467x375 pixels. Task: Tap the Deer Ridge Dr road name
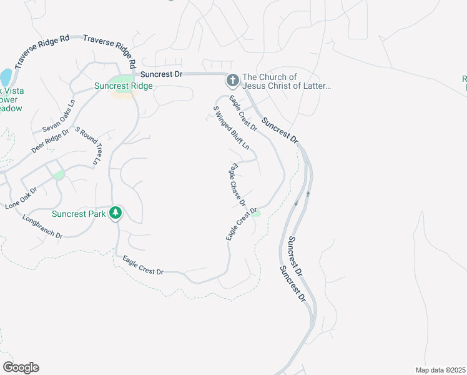click(x=49, y=142)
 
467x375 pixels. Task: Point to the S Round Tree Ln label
click(x=88, y=146)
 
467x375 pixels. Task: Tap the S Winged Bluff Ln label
click(x=231, y=127)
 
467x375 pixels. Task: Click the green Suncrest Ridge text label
click(x=124, y=86)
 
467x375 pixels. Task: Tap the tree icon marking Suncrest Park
click(x=116, y=213)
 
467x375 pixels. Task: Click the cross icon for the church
click(x=232, y=80)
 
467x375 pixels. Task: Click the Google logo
click(x=21, y=367)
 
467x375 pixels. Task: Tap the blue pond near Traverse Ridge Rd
click(x=6, y=77)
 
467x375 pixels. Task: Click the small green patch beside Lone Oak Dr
click(x=59, y=175)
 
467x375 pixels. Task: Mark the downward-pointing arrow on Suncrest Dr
click(x=298, y=202)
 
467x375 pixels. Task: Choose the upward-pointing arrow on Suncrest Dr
click(x=308, y=194)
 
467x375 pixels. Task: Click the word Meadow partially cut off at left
click(x=11, y=108)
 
